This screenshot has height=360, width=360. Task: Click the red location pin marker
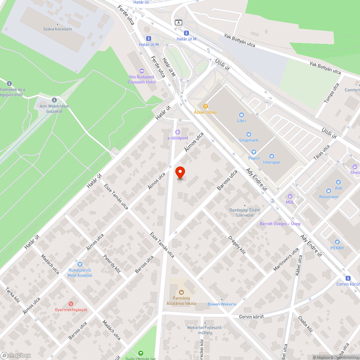pos(180,172)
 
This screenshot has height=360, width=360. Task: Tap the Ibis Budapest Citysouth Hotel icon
pos(141,71)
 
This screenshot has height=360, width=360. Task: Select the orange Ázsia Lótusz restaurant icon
pos(206,106)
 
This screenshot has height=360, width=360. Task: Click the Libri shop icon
pos(241,114)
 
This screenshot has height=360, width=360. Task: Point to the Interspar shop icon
pos(271,156)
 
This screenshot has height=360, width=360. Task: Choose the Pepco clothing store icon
pos(254,152)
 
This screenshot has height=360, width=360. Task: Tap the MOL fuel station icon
pos(290,196)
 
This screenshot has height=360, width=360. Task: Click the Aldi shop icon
pos(338,182)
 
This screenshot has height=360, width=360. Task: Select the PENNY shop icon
pos(337,242)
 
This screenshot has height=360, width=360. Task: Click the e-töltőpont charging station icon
pos(178,132)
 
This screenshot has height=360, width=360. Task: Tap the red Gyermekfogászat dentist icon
pos(71,303)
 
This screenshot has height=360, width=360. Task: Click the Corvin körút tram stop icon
pos(348,278)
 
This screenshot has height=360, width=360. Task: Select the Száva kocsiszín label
pos(57,29)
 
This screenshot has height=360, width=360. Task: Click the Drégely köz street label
pos(237,245)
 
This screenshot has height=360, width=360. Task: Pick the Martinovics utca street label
pos(286,259)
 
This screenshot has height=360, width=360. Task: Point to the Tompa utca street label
pos(332,93)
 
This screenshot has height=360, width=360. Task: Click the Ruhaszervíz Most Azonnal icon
pos(80,264)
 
